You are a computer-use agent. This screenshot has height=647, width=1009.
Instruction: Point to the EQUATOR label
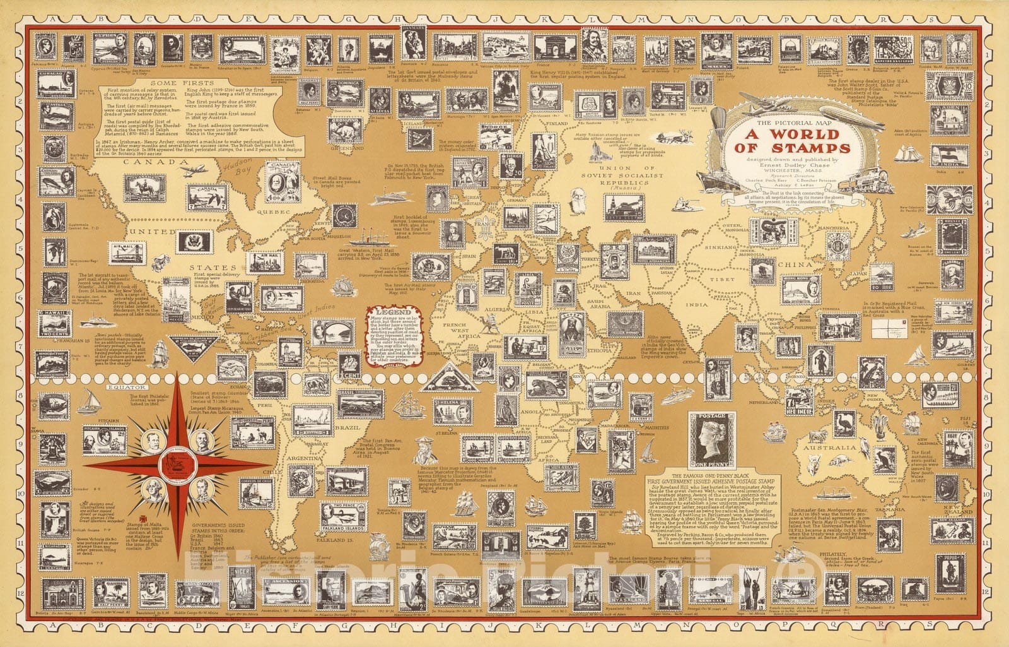(x=126, y=386)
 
